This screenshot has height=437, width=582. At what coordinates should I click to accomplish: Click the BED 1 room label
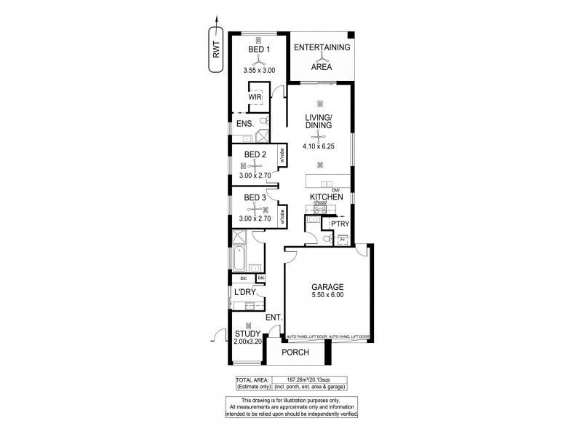pyautogui.click(x=259, y=50)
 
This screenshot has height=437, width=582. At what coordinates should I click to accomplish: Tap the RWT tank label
pyautogui.click(x=216, y=50)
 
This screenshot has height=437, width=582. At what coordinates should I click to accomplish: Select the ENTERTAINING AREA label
pyautogui.click(x=321, y=57)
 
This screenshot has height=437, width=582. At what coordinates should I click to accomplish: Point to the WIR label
pyautogui.click(x=255, y=95)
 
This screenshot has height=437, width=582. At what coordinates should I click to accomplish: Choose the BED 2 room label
pyautogui.click(x=255, y=154)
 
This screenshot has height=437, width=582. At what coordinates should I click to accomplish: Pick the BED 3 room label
pyautogui.click(x=255, y=197)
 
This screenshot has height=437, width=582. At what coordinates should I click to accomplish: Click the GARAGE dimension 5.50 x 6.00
pyautogui.click(x=326, y=295)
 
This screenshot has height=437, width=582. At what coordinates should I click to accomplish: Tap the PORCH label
pyautogui.click(x=295, y=353)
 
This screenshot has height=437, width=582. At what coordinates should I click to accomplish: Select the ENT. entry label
pyautogui.click(x=274, y=318)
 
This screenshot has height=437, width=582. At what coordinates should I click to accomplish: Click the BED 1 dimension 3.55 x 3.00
pyautogui.click(x=259, y=71)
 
